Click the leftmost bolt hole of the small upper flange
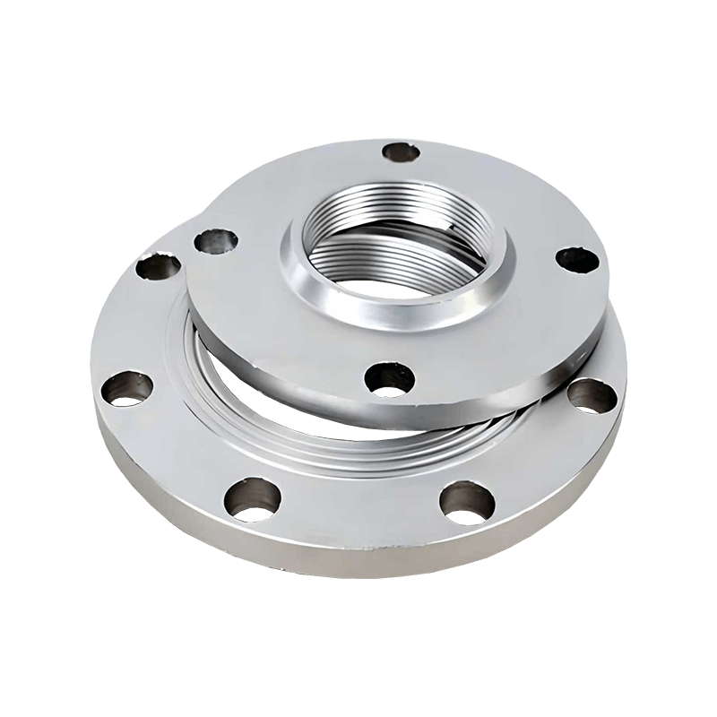216,240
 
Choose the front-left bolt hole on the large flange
247,499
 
